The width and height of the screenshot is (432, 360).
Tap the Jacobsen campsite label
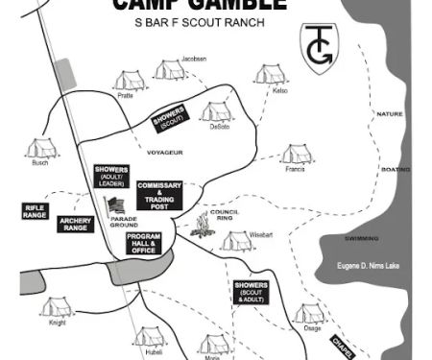pyautogui.click(x=194, y=59)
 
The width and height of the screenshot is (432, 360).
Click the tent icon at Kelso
pyautogui.click(x=266, y=75)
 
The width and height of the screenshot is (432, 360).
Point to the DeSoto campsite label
pyautogui.click(x=213, y=126)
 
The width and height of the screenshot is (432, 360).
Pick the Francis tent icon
pyautogui.click(x=294, y=153)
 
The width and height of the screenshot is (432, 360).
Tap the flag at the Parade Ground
pyautogui.click(x=116, y=205)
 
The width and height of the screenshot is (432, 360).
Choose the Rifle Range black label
pyautogui.click(x=35, y=211)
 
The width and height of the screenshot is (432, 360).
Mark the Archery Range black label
pyautogui.click(x=75, y=224)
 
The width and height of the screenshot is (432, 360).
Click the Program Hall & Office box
pyautogui.click(x=144, y=244)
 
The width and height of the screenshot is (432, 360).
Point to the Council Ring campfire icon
pyautogui.click(x=202, y=226)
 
